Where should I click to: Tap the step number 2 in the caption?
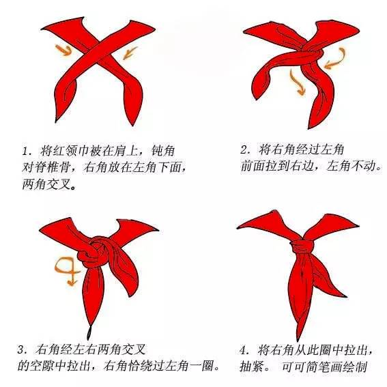244,148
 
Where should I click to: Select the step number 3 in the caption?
21,349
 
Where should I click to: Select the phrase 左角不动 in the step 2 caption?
353,166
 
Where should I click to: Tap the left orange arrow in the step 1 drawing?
63,49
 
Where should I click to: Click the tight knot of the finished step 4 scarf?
302,245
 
